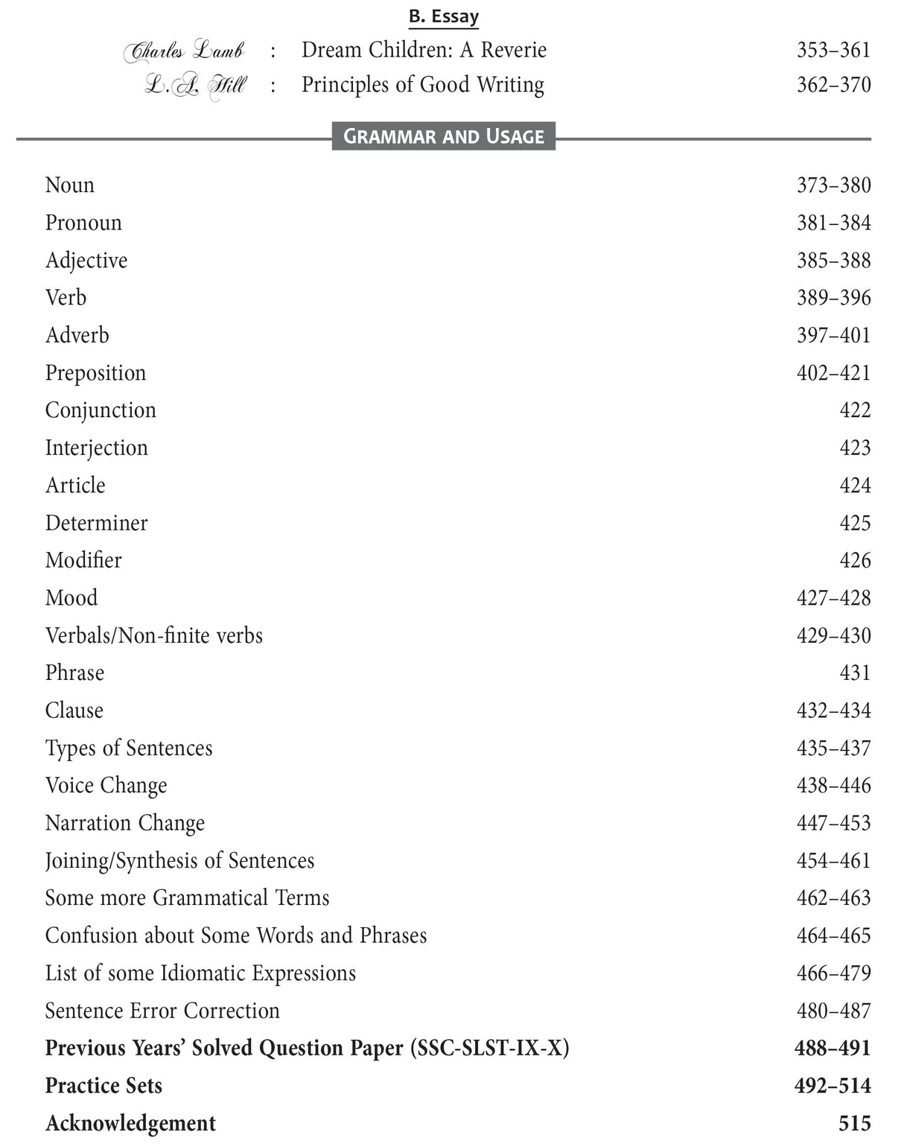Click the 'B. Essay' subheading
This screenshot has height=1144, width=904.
(x=443, y=16)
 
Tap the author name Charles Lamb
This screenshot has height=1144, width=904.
(x=184, y=51)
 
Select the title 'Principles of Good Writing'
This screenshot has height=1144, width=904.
(x=422, y=85)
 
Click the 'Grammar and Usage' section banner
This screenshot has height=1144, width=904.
(x=443, y=136)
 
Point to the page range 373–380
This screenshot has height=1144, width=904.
(x=833, y=185)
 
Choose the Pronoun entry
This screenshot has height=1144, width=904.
(x=83, y=223)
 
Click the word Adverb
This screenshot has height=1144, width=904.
(x=77, y=335)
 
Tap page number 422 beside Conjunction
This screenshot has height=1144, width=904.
(x=854, y=410)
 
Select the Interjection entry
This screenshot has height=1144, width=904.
(x=96, y=448)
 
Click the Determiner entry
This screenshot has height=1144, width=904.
(x=96, y=523)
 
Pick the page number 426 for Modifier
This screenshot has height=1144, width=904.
(x=854, y=560)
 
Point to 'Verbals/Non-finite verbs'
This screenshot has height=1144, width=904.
(x=153, y=635)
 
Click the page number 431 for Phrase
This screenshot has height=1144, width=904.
(x=854, y=673)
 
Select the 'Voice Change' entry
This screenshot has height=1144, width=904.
(x=106, y=786)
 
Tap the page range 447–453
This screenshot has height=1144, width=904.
(x=833, y=823)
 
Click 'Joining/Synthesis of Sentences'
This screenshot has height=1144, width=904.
(x=179, y=861)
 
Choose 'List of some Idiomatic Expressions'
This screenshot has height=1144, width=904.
(x=200, y=973)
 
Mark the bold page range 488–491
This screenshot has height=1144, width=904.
(x=832, y=1049)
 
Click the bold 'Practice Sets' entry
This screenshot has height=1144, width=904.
(x=104, y=1086)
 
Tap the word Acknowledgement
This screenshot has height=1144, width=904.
(x=130, y=1123)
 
